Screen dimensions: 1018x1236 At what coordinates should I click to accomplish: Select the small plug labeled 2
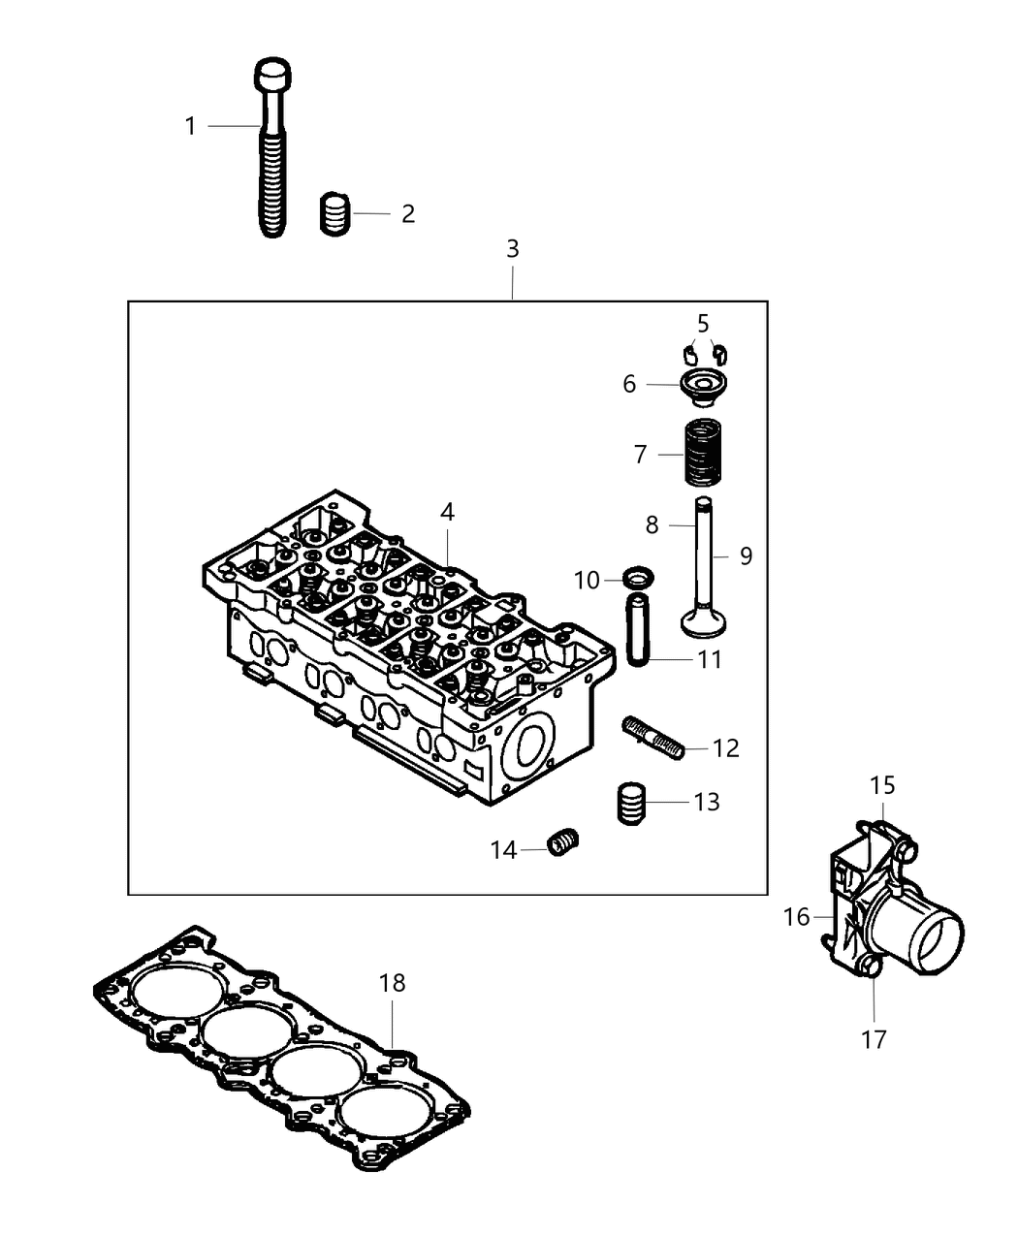click(x=334, y=213)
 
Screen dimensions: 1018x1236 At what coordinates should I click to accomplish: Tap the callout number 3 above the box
click(x=512, y=249)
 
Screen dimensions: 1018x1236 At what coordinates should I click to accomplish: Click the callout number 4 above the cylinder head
click(x=447, y=513)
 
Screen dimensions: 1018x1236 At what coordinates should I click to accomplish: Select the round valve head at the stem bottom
click(x=705, y=620)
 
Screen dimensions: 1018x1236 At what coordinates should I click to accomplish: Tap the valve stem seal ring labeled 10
click(x=635, y=580)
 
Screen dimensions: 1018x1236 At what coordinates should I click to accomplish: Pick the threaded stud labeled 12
click(x=654, y=741)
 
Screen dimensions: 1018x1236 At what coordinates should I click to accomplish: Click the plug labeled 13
click(x=631, y=803)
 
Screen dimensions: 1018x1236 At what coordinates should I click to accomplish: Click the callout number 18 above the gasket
click(x=392, y=983)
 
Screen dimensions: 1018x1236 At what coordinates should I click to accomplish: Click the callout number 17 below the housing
click(x=873, y=1039)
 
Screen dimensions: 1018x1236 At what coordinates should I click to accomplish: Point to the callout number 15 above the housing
click(x=882, y=784)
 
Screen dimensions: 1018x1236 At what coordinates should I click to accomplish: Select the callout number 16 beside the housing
click(x=796, y=916)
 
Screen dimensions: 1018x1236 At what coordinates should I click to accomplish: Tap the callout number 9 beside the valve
click(x=746, y=555)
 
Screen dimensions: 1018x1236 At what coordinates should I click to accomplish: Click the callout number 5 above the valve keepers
click(x=703, y=322)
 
